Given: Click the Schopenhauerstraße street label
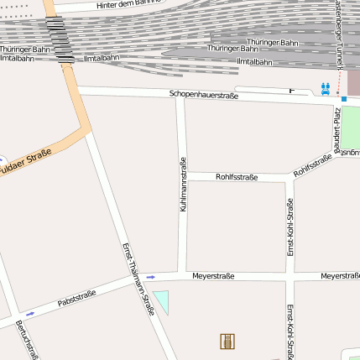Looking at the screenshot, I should coord(204,96).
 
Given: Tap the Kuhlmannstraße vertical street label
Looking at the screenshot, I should coord(183,184).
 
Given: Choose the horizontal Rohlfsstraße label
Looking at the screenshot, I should coord(237,177).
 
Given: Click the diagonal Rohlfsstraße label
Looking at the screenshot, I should coord(313,165).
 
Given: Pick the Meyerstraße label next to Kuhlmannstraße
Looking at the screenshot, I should coord(213,276).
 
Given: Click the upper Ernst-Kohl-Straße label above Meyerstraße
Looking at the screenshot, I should coord(290,227).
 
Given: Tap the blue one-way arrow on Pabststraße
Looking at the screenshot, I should coord(31,314).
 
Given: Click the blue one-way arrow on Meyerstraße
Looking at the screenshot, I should coord(151,276).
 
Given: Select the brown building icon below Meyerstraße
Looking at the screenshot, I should coord(227,341).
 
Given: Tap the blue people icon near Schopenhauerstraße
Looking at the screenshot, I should coord(326,87).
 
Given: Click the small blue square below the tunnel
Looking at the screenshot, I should coord(343,99).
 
